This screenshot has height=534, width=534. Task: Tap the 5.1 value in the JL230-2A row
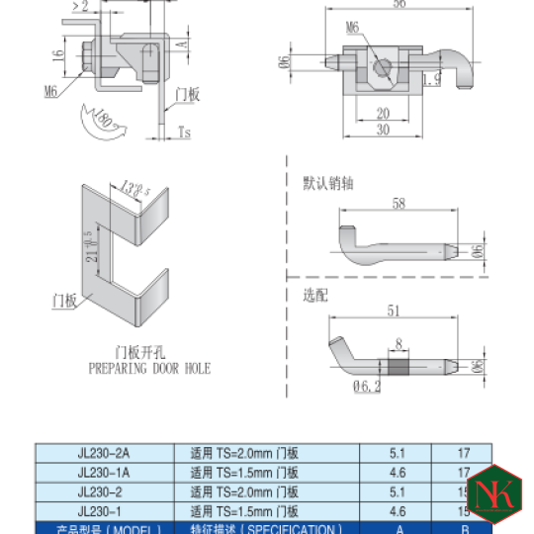tap(398, 453)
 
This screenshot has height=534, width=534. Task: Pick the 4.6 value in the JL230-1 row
tap(398, 510)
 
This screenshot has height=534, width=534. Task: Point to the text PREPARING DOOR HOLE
tap(149, 368)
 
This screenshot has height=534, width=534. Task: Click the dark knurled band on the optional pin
tap(398, 366)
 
